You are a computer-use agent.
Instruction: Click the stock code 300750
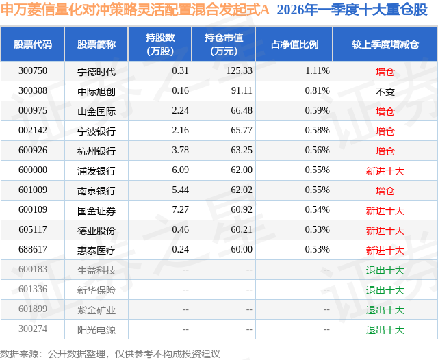click(x=33, y=70)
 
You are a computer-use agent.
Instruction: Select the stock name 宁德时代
click(x=96, y=70)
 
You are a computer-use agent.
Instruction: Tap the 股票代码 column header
click(x=33, y=44)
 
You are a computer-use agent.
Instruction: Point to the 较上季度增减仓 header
click(x=385, y=44)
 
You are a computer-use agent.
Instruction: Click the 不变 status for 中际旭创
click(x=385, y=90)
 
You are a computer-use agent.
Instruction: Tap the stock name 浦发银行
click(x=96, y=170)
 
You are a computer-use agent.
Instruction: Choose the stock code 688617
click(x=33, y=250)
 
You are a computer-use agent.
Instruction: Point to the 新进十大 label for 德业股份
click(x=385, y=231)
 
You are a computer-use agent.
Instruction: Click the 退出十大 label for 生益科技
click(x=385, y=270)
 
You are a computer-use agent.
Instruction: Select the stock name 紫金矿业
click(x=96, y=310)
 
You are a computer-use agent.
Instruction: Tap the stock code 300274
click(x=33, y=330)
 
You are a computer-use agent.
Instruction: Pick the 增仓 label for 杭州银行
click(x=385, y=151)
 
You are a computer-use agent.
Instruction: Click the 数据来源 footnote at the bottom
click(x=110, y=353)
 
